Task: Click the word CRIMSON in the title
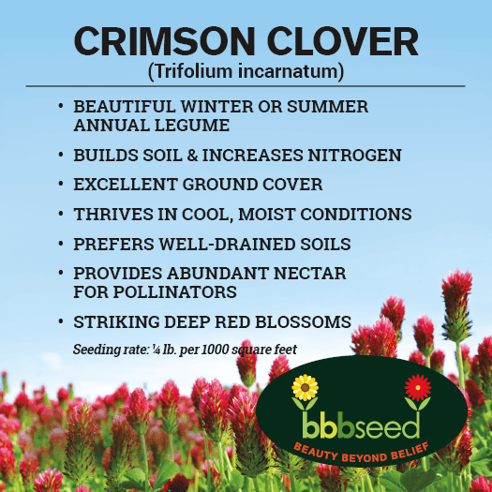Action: click(164, 41)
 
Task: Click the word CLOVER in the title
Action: click(343, 41)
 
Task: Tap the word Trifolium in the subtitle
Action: click(193, 71)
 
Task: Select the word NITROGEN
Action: click(354, 155)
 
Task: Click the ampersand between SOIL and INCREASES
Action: click(192, 155)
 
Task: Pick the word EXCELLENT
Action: click(126, 185)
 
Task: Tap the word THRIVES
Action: click(113, 214)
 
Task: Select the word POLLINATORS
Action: click(174, 291)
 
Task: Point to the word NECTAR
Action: click(309, 274)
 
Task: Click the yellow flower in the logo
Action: click(305, 388)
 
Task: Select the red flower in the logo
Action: click(418, 387)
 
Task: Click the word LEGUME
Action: click(192, 126)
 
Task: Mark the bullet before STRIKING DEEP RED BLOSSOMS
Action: click(61, 321)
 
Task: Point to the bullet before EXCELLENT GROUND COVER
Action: click(61, 184)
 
